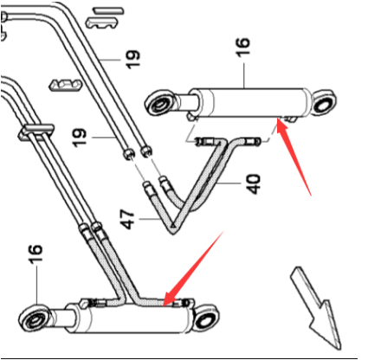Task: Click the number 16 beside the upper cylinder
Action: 242,47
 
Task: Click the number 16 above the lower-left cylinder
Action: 36,254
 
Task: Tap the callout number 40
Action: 253,183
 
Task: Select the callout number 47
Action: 127,219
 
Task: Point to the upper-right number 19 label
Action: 133,60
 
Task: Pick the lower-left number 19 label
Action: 79,138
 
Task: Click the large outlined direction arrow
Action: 316,307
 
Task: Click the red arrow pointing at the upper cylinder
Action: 294,158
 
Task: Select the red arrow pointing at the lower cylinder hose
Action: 193,269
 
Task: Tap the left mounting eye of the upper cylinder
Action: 160,104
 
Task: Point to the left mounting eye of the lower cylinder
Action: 35,319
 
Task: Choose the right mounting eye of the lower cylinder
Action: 205,318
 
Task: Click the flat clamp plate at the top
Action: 108,11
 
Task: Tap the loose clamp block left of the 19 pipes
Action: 65,85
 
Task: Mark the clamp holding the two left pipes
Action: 36,132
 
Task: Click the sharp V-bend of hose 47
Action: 173,228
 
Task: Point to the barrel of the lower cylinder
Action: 130,318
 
